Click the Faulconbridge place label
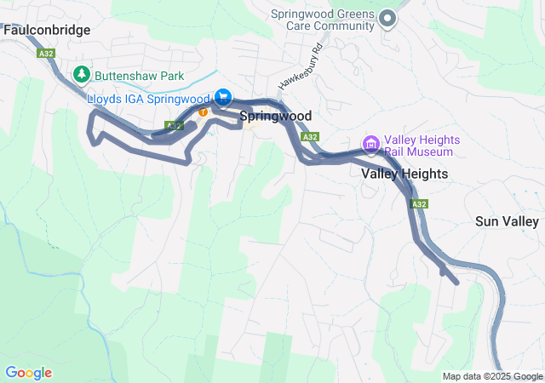pyautogui.click(x=47, y=30)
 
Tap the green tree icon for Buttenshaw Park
pyautogui.click(x=83, y=75)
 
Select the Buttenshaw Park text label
pyautogui.click(x=140, y=76)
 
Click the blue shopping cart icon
pyautogui.click(x=223, y=98)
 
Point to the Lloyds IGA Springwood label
pyautogui.click(x=149, y=99)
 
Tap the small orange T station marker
pyautogui.click(x=204, y=111)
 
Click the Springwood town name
pyautogui.click(x=275, y=116)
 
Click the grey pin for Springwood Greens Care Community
pyautogui.click(x=387, y=18)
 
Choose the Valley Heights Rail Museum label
pyautogui.click(x=422, y=146)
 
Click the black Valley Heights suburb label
pyautogui.click(x=404, y=173)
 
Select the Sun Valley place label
pyautogui.click(x=507, y=221)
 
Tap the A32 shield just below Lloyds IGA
pyautogui.click(x=173, y=125)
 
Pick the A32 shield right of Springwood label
pyautogui.click(x=310, y=136)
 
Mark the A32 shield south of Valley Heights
pyautogui.click(x=418, y=204)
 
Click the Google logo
pyautogui.click(x=28, y=373)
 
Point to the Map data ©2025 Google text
pyautogui.click(x=491, y=376)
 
